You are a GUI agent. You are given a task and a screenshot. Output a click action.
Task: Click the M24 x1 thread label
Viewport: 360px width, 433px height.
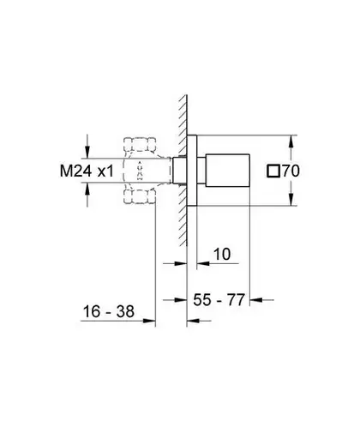click(87, 171)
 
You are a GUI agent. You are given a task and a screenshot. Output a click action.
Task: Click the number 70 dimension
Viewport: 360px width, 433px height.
click(291, 171)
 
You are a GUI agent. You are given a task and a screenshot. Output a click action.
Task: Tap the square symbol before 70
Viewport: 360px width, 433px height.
click(273, 171)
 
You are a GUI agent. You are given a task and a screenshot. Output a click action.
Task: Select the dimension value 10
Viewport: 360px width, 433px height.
click(222, 254)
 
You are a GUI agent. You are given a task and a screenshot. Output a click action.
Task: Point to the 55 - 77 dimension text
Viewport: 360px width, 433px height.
click(219, 300)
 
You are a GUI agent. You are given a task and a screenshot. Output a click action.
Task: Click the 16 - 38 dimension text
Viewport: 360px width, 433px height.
click(108, 311)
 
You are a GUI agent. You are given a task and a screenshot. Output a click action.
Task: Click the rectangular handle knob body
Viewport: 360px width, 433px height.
click(228, 171)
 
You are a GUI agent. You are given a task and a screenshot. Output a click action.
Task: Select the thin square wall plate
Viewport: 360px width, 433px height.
click(192, 171)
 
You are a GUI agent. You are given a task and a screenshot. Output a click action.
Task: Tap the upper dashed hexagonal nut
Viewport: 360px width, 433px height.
click(140, 145)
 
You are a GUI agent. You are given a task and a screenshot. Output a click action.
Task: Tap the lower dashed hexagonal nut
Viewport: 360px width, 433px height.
click(140, 196)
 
